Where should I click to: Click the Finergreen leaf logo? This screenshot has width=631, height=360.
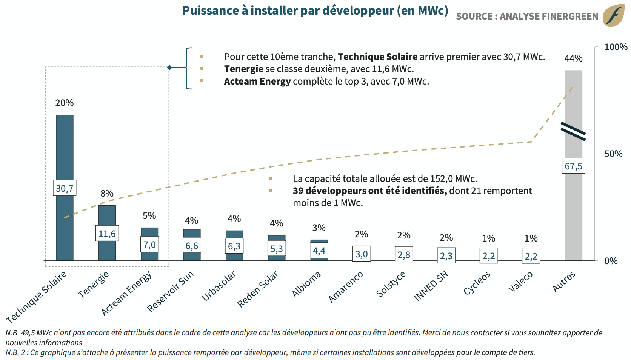pos(613,15)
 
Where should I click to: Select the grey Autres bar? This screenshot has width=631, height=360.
pos(573,211)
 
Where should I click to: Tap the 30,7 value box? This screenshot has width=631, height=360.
pos(65,188)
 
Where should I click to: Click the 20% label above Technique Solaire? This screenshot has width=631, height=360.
pos(64,103)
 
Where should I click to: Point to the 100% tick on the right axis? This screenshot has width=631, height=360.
pos(616,47)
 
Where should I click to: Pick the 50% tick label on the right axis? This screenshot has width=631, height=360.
pos(613,154)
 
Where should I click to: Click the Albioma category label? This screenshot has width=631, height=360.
pos(306,284)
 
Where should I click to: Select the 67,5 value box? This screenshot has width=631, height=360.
pos(573,166)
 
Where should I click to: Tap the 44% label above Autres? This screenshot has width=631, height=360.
pos(573,58)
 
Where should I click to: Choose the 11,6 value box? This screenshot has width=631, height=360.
pos(107,234)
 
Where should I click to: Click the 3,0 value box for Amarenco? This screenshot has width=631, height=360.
pos(361,254)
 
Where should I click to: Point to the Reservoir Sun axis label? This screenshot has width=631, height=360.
pos(170,291)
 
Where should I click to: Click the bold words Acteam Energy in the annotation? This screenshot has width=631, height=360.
pos(257,82)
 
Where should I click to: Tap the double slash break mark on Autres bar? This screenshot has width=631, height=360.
pos(573,131)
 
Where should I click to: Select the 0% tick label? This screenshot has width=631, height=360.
pos(611,261)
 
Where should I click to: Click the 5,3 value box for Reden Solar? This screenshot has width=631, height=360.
pos(277,249)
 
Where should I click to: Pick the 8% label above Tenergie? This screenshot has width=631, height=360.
pos(107,193)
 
